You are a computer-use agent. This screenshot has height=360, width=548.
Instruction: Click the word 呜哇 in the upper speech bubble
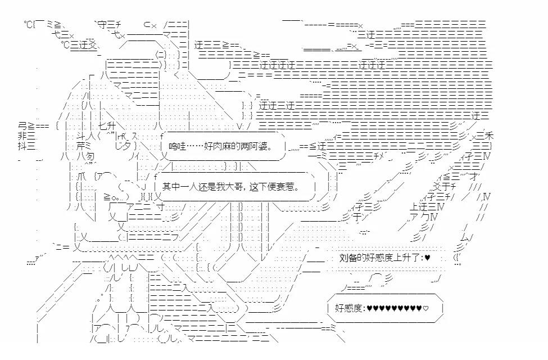pos(178,147)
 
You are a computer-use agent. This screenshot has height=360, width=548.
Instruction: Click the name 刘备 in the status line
pos(348,258)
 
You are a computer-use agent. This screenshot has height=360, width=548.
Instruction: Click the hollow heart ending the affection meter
pos(425,308)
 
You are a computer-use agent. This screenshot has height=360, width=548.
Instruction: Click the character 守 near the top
pos(102,25)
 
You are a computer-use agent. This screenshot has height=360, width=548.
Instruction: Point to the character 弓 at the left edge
pos(22,124)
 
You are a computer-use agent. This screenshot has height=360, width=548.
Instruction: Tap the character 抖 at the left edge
pos(22,146)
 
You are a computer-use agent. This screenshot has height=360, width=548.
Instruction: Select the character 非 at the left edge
pos(22,136)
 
